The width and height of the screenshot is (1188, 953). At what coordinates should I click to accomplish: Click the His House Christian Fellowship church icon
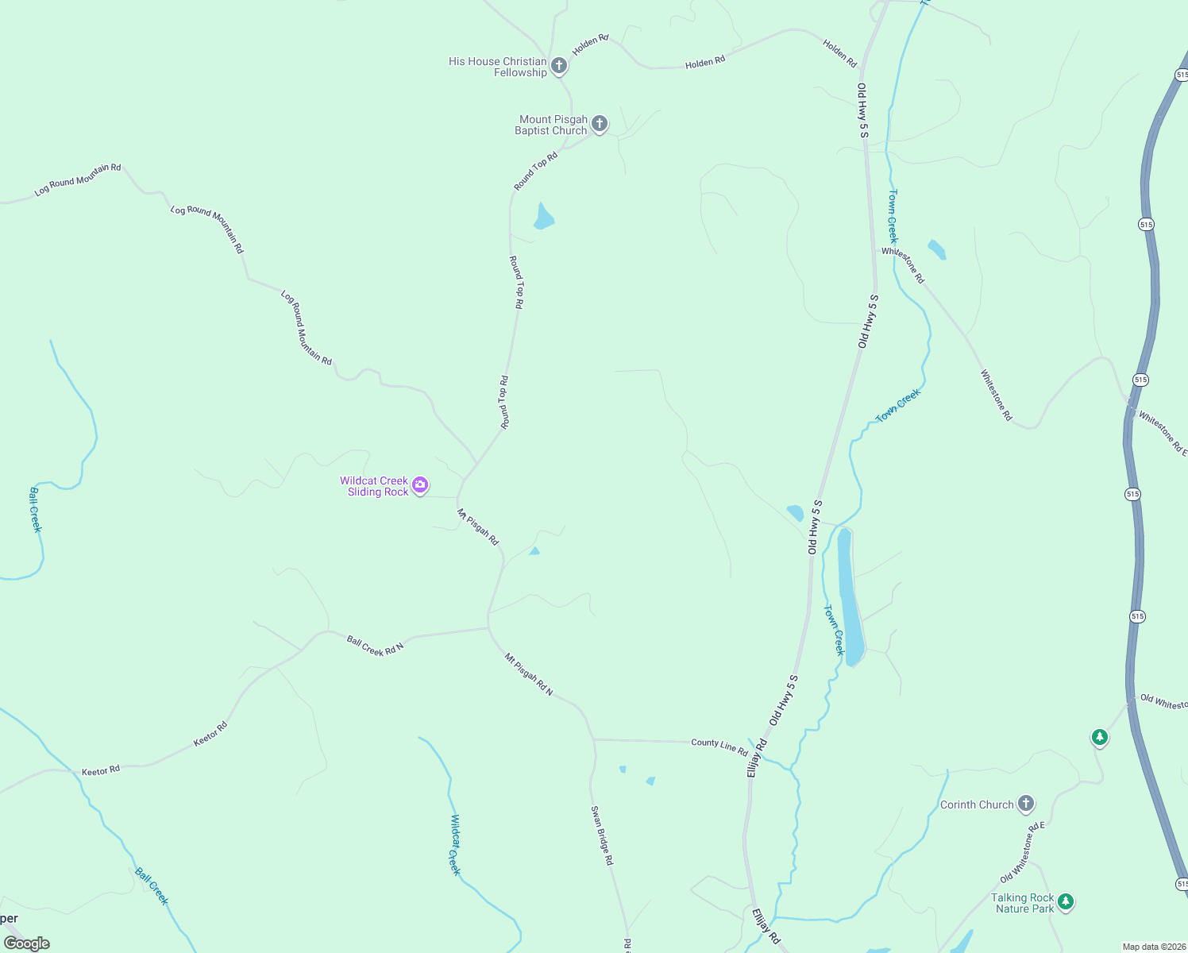pyautogui.click(x=559, y=66)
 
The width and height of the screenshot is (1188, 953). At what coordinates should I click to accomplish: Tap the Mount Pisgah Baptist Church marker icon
pyautogui.click(x=600, y=124)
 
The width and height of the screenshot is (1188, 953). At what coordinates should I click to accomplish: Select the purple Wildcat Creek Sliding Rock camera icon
pyautogui.click(x=420, y=485)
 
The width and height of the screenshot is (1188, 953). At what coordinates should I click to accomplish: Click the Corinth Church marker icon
pyautogui.click(x=1026, y=804)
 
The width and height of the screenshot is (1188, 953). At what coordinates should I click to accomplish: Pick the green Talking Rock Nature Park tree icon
pyautogui.click(x=1066, y=902)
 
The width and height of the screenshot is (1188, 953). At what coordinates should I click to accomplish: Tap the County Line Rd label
pyautogui.click(x=719, y=746)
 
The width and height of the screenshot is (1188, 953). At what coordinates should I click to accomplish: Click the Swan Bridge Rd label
pyautogui.click(x=602, y=835)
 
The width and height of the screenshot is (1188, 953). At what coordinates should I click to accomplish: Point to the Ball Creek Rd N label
pyautogui.click(x=375, y=646)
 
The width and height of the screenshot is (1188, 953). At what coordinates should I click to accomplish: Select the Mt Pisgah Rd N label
pyautogui.click(x=529, y=674)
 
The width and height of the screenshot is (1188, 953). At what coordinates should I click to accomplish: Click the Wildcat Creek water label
pyautogui.click(x=454, y=843)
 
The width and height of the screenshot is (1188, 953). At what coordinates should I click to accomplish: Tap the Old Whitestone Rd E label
pyautogui.click(x=1023, y=853)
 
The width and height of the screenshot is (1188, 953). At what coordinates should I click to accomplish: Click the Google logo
pyautogui.click(x=27, y=943)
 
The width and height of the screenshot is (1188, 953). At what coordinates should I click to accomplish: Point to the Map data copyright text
pyautogui.click(x=1153, y=947)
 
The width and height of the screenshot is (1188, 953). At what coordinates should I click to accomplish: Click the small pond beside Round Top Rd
pyautogui.click(x=543, y=216)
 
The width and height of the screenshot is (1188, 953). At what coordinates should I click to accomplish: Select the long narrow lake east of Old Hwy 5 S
pyautogui.click(x=848, y=596)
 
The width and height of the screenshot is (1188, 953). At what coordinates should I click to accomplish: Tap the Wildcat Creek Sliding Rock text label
pyautogui.click(x=375, y=486)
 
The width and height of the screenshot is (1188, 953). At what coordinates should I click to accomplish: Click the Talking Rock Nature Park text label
pyautogui.click(x=1023, y=903)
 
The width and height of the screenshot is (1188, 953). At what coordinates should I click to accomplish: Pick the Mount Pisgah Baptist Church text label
pyautogui.click(x=552, y=125)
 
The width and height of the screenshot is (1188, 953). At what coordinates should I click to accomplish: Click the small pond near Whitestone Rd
pyautogui.click(x=937, y=249)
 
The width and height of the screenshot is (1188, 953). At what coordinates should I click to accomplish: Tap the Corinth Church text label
pyautogui.click(x=977, y=804)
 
